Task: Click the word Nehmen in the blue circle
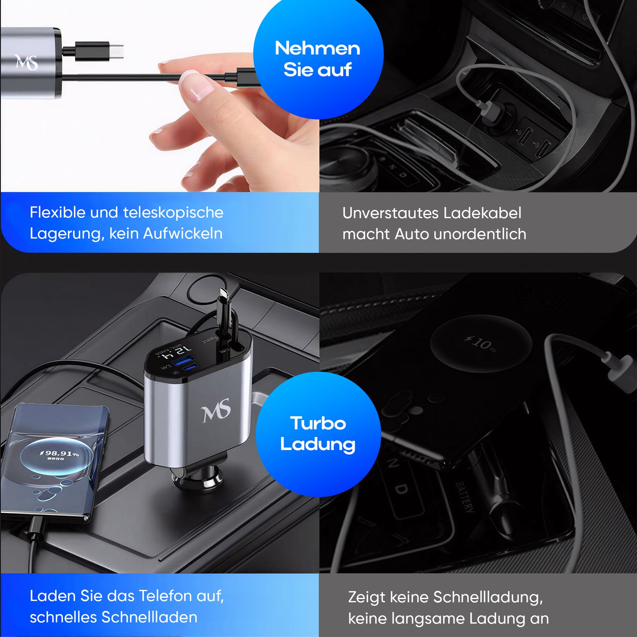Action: click(x=317, y=48)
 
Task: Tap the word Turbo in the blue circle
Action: click(x=318, y=423)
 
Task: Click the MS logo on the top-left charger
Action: click(x=26, y=62)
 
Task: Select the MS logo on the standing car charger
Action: click(x=216, y=411)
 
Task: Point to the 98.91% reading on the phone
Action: click(x=60, y=453)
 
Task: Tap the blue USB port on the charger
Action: click(x=180, y=361)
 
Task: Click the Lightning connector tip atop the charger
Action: click(x=224, y=294)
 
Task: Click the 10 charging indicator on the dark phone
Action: click(x=481, y=343)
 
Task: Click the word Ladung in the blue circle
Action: click(x=317, y=444)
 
